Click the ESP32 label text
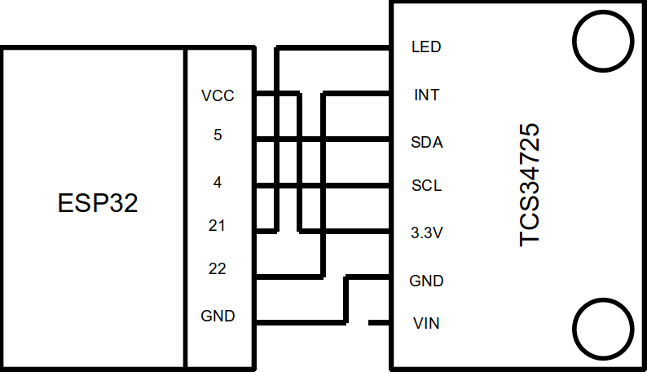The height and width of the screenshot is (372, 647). [98, 203]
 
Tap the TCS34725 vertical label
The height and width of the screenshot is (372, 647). [530, 184]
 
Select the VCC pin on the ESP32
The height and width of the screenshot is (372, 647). [218, 96]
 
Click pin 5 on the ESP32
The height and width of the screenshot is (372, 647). [218, 135]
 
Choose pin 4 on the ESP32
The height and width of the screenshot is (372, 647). [218, 183]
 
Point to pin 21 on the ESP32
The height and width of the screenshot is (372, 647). [217, 226]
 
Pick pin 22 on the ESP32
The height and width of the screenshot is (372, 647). [217, 268]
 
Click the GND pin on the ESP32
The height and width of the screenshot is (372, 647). [218, 316]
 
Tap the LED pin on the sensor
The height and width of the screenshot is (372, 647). [426, 47]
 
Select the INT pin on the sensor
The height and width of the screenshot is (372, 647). [426, 95]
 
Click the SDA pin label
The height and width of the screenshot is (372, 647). [426, 143]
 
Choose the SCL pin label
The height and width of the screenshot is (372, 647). [426, 186]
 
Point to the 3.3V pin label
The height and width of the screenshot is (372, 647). [426, 233]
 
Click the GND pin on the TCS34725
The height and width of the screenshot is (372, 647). [426, 281]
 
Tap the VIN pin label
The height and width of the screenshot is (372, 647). [426, 324]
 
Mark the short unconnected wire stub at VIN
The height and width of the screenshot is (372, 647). [379, 323]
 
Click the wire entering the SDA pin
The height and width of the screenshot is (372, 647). [359, 139]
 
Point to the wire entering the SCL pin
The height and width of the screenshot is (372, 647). [359, 187]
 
